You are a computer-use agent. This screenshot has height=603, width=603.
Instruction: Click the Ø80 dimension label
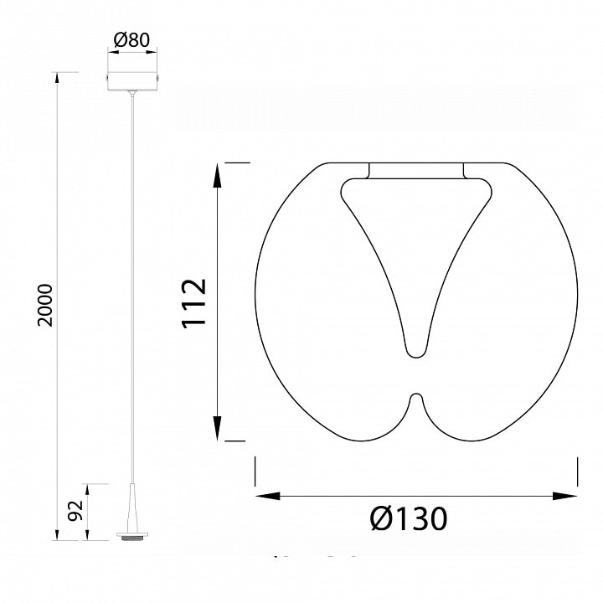[x=131, y=40]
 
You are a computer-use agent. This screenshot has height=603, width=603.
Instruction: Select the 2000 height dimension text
[x=45, y=306]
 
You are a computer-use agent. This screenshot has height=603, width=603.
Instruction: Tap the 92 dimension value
[x=75, y=511]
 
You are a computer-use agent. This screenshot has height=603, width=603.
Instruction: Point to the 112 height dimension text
[x=194, y=303]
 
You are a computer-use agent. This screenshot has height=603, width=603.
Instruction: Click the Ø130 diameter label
[x=409, y=518]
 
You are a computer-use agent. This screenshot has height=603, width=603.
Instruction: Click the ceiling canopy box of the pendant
[x=132, y=80]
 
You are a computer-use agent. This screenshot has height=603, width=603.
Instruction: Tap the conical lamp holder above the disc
[x=132, y=508]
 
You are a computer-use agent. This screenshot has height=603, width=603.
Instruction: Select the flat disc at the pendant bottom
[x=132, y=534]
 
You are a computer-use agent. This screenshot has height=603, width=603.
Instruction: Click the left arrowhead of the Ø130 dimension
[x=268, y=496]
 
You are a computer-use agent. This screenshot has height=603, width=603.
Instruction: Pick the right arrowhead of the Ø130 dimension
[x=564, y=496]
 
